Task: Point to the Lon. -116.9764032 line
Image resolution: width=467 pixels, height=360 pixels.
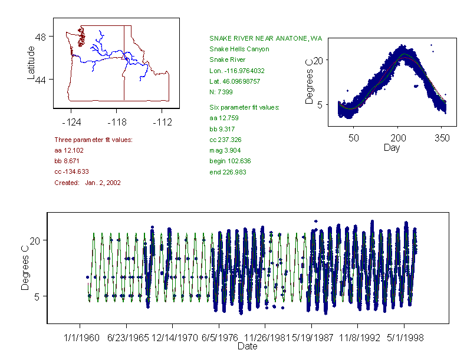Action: point(237,71)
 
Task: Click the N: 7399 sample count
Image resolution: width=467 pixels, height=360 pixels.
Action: point(221,93)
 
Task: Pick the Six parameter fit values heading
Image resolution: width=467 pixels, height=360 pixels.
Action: point(244,107)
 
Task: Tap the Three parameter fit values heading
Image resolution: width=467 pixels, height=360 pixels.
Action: point(93,140)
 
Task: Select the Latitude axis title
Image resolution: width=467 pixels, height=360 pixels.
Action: point(31,62)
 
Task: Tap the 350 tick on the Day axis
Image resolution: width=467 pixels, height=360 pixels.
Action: point(442,138)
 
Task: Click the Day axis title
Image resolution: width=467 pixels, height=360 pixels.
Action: point(391,147)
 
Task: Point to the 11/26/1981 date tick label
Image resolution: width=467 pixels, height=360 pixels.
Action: point(265,339)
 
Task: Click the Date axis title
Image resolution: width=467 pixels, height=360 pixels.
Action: point(247,347)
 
